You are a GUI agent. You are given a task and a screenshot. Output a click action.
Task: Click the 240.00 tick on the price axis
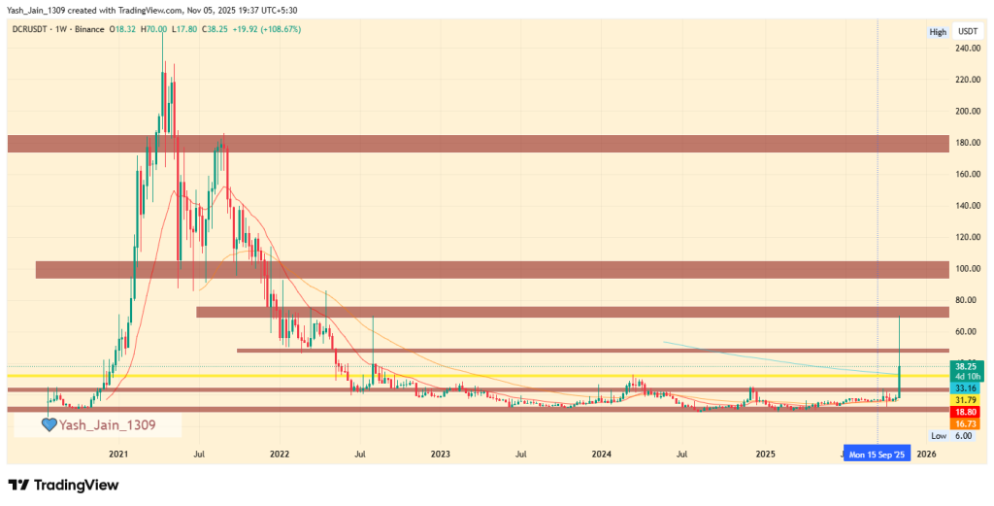coord(967,49)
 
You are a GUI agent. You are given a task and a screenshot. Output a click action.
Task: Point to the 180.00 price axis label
coord(967,143)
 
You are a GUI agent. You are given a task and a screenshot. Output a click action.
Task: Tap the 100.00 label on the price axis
coord(967,269)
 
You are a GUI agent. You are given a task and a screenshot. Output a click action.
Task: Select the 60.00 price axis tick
coord(967,332)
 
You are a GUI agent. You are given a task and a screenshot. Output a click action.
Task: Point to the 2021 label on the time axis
coord(119,454)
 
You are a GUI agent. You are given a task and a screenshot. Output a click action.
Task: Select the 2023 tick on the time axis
coord(441,454)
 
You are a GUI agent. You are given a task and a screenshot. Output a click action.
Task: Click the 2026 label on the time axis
coord(927,454)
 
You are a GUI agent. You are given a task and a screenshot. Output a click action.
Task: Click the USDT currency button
coord(967,32)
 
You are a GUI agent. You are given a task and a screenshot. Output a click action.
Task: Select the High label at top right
coord(938,32)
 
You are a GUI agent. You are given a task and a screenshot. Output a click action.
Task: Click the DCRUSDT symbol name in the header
coord(35,29)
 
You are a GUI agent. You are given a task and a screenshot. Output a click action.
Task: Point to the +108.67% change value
coord(278,29)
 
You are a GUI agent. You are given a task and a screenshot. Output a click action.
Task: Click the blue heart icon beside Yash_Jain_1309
coord(49,424)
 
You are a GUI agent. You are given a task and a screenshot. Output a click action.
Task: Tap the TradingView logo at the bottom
coord(62,485)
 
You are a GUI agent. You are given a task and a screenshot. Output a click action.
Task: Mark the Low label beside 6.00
coord(938,436)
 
